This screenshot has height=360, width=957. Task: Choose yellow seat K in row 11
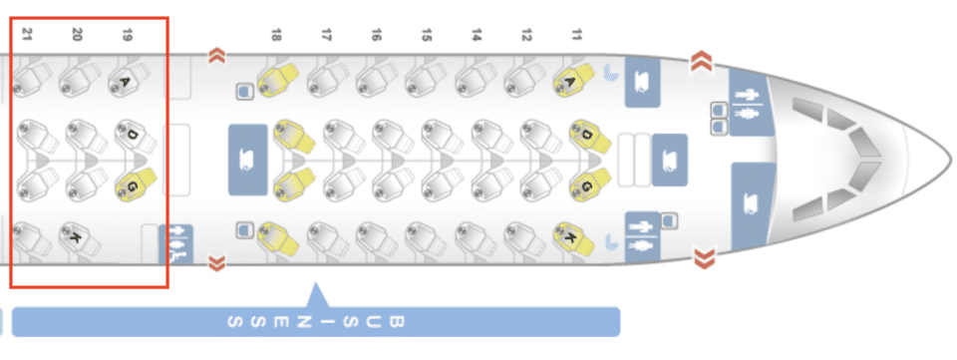coord(571,238)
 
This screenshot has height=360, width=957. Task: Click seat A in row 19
coord(126,80)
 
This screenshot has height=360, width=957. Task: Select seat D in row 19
coord(135,135)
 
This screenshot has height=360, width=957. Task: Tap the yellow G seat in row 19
coord(135,184)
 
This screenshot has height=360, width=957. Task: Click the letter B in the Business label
coord(397,322)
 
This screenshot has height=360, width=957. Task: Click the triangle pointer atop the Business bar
coord(317,295)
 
